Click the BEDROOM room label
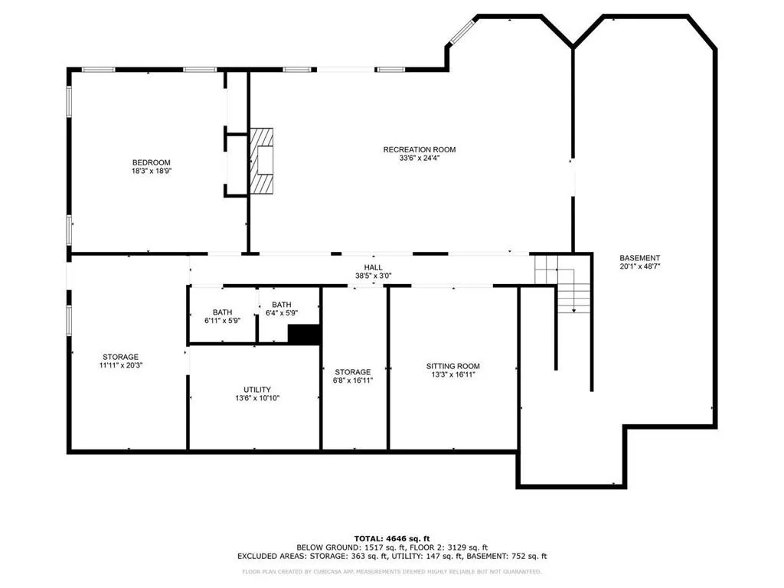[x=151, y=162]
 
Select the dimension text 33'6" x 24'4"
[x=419, y=158]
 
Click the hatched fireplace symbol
[x=264, y=162]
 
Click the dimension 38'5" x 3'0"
[x=374, y=276]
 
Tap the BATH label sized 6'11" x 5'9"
[x=223, y=312]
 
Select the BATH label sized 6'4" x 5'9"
[x=281, y=304]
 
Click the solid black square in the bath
[x=303, y=335]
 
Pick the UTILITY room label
[x=257, y=390]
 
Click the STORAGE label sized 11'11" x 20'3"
[x=121, y=357]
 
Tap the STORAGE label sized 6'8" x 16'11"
[x=352, y=371]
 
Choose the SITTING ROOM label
[x=453, y=366]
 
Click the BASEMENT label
[x=639, y=258]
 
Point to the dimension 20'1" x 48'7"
[x=639, y=267]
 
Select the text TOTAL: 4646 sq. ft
[x=392, y=537]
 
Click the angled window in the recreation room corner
[x=462, y=31]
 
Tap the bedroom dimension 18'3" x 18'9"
[x=151, y=171]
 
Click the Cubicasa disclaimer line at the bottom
[x=392, y=571]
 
